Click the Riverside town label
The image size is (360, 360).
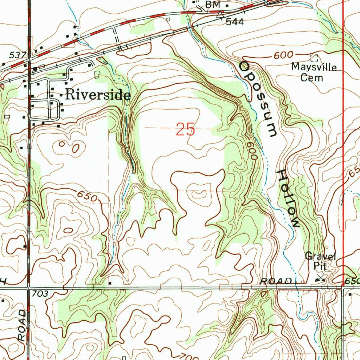click(x=98, y=95)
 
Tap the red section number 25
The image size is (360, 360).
click(x=185, y=130)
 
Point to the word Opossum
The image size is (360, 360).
click(x=259, y=99)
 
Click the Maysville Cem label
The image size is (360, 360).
click(x=314, y=72)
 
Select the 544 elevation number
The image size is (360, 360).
click(x=234, y=22)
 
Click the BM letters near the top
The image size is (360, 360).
click(x=212, y=5)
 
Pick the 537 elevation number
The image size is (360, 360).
click(x=18, y=55)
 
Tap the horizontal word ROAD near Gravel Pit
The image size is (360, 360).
click(x=276, y=281)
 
